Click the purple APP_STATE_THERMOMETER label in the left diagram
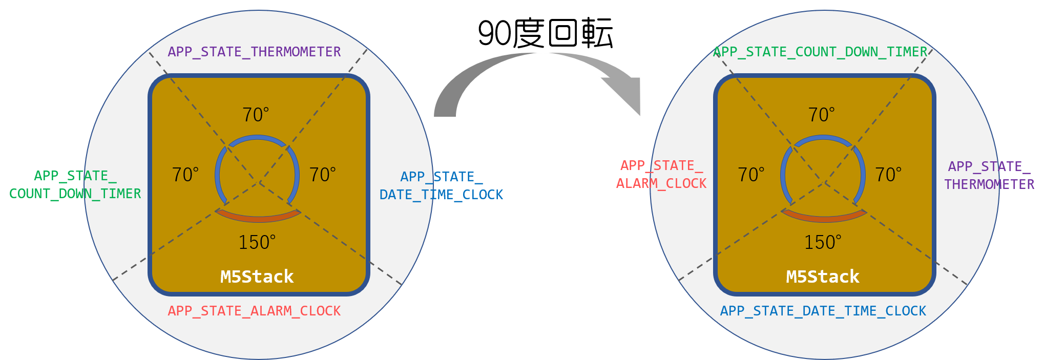click(254, 52)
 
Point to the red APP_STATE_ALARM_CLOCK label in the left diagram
click(254, 311)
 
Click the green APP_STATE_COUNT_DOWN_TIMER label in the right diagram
click(820, 52)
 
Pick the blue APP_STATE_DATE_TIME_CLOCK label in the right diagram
click(823, 311)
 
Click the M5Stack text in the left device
click(257, 277)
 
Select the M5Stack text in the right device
click(823, 277)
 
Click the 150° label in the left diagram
click(257, 242)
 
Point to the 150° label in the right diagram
click(823, 242)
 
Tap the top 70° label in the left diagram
click(256, 115)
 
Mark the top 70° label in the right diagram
click(822, 115)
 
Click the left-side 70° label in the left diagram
click(185, 175)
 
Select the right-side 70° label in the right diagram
click(888, 175)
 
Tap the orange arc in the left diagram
click(258, 218)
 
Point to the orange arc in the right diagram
click(824, 218)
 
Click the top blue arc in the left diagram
click(258, 138)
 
